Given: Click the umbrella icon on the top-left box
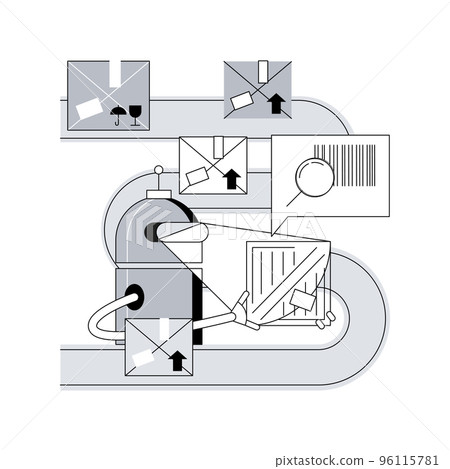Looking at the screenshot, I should (x=119, y=115).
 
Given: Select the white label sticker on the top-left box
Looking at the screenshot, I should (x=87, y=107).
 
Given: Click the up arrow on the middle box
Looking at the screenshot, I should (x=232, y=180).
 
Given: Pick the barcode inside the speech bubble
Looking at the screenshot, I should (x=356, y=165).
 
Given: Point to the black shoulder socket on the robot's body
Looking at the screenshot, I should (x=130, y=296).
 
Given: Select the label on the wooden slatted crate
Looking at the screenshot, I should (x=303, y=297).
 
